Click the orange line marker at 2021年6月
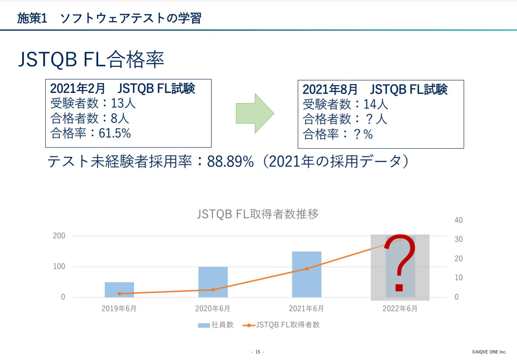[x=307, y=269]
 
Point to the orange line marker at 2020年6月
[x=213, y=290]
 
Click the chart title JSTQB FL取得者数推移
[x=258, y=214]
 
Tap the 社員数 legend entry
[x=216, y=325]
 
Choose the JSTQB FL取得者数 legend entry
[x=281, y=325]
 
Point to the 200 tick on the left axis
[x=59, y=236]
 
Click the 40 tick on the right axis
[x=458, y=220]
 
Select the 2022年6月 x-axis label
[x=400, y=309]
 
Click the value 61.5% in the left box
[x=115, y=133]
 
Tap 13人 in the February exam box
[x=123, y=103]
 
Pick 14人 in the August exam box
[x=376, y=104]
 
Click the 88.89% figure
[x=230, y=162]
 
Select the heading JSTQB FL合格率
[x=91, y=59]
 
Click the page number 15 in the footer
[x=258, y=352]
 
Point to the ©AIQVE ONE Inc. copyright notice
[x=489, y=352]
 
